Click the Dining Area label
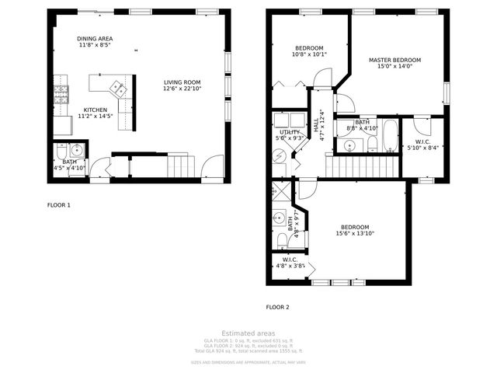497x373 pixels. point(95,38)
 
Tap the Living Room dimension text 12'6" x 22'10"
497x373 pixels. point(182,89)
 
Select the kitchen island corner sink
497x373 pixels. point(116,88)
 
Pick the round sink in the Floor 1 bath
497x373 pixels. point(77,150)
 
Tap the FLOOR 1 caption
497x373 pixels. point(59,205)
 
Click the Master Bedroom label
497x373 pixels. point(394,60)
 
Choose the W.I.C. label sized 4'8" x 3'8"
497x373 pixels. point(289,259)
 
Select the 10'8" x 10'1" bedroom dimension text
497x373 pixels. point(309,54)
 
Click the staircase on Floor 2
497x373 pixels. point(360,165)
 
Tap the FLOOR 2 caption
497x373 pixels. point(277,307)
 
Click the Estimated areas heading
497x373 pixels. point(248,333)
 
